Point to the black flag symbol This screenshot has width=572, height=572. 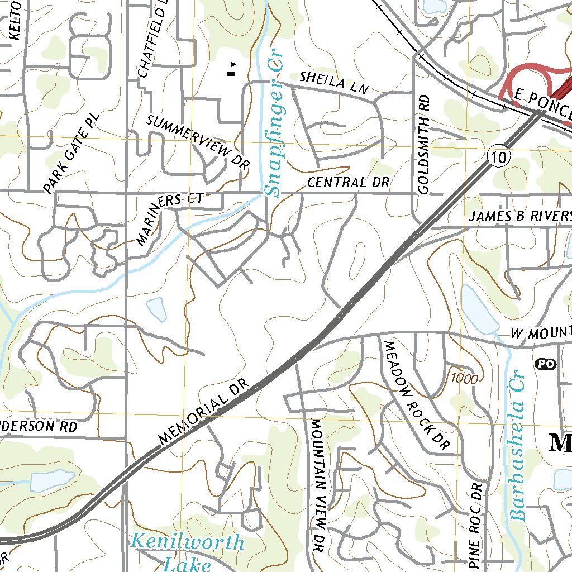231,68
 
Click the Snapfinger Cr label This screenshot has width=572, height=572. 274,123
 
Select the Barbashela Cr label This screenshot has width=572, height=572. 519,444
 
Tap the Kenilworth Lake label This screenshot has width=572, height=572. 188,552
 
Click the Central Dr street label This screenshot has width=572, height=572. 348,183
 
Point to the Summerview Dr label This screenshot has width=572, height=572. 198,142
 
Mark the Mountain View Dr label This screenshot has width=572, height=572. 318,485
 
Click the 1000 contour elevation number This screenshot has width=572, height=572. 465,379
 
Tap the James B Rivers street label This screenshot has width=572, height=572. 519,216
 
